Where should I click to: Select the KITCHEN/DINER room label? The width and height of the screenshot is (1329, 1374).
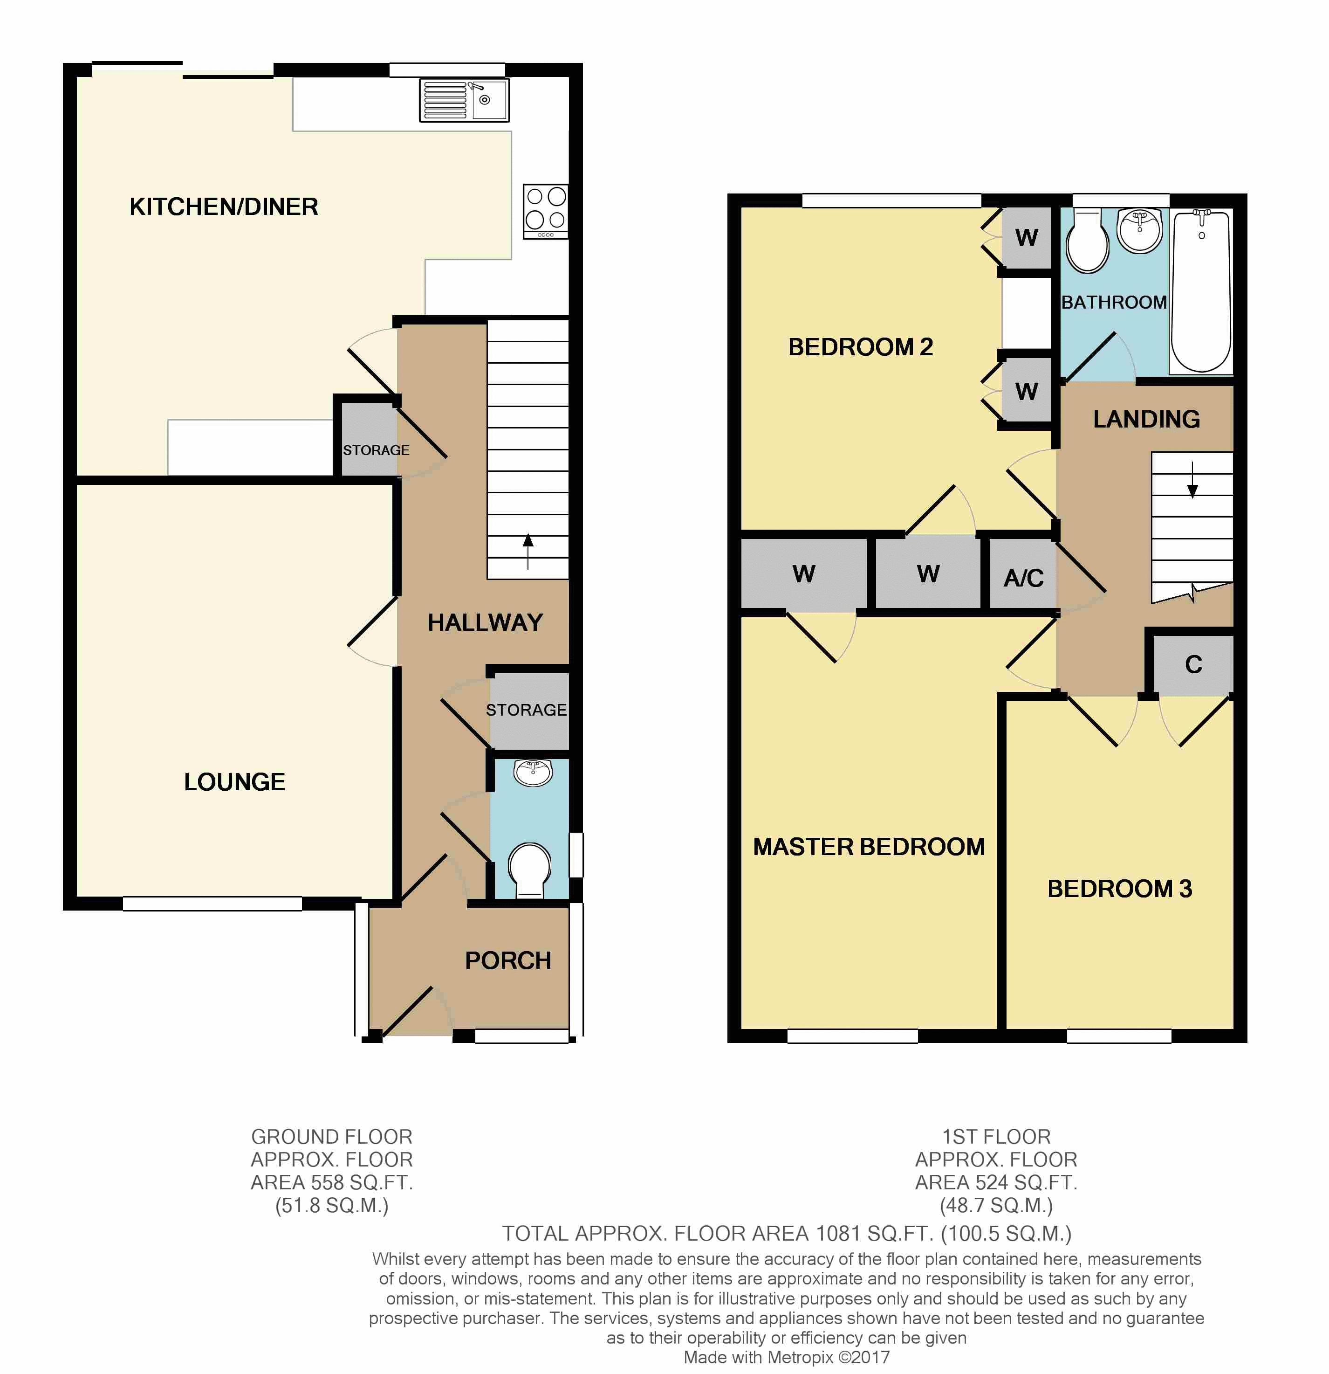tap(224, 207)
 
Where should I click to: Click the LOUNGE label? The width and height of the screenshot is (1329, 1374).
tap(235, 781)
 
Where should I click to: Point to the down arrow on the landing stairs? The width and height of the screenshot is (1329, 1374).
tap(1192, 479)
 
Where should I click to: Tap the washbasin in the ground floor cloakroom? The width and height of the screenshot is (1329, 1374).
tap(533, 773)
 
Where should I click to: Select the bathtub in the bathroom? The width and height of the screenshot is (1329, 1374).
tap(1201, 291)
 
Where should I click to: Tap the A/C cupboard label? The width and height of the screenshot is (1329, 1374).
tap(1024, 578)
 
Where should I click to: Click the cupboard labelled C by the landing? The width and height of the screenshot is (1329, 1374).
tap(1193, 664)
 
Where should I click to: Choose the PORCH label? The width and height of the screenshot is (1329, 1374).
tap(508, 960)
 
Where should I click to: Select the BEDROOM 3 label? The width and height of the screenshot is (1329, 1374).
tap(1119, 889)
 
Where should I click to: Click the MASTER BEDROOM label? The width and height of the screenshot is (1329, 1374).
tap(869, 847)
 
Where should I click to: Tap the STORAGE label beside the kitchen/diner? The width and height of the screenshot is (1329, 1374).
tap(376, 450)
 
